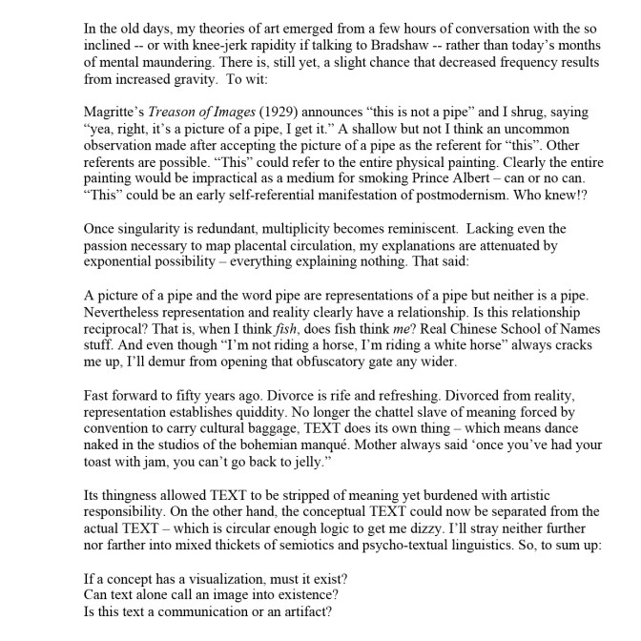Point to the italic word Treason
click(x=176, y=111)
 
